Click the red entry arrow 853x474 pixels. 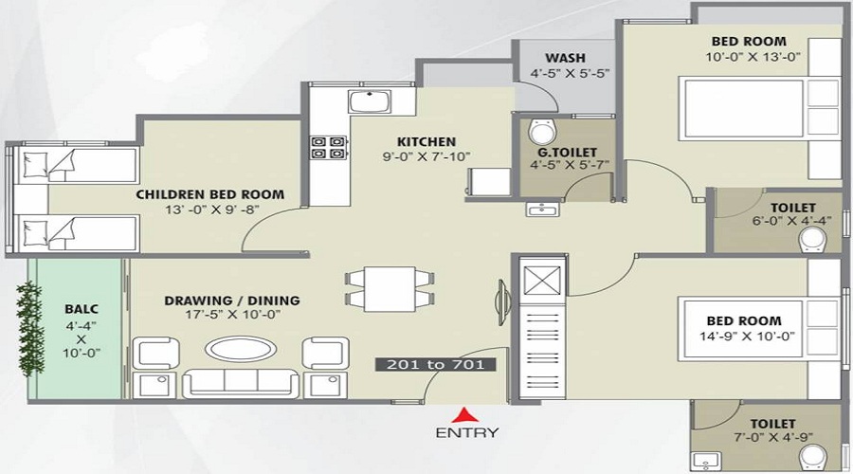463,413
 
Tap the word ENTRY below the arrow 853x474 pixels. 467,433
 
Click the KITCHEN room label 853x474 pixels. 426,142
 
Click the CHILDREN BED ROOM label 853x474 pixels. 209,194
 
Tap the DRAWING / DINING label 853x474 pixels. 231,301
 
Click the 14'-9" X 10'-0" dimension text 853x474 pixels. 749,337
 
